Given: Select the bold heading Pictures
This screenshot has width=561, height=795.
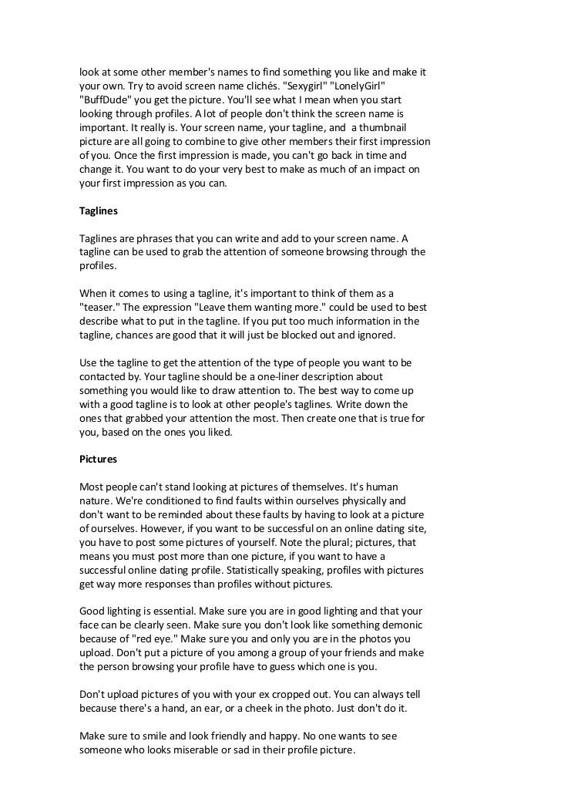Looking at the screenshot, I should [99, 459].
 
